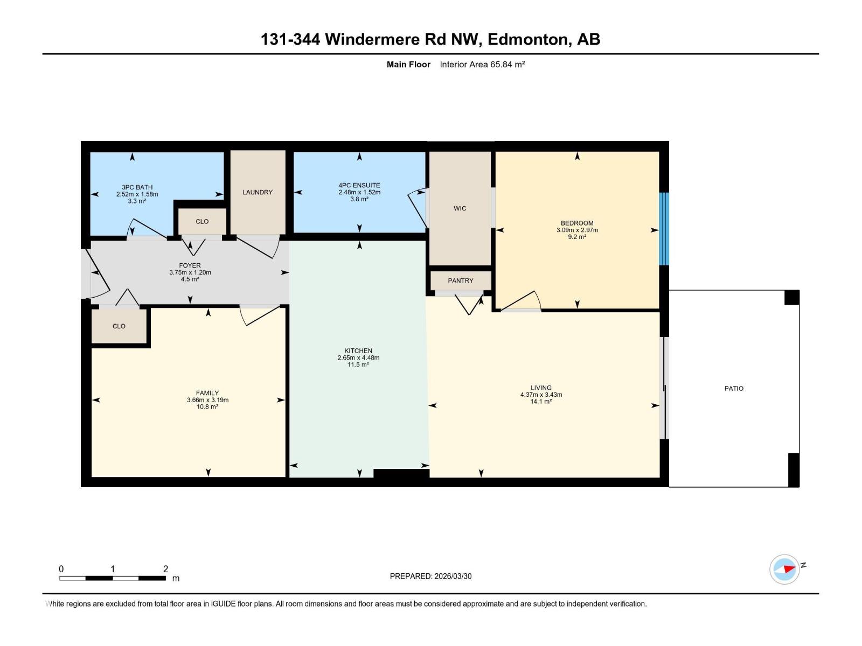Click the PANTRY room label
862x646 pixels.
pyautogui.click(x=460, y=280)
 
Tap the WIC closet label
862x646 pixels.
pyautogui.click(x=460, y=208)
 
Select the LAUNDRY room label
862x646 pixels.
pyautogui.click(x=258, y=192)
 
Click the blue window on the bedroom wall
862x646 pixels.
pyautogui.click(x=664, y=229)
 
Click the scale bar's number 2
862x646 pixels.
pyautogui.click(x=165, y=569)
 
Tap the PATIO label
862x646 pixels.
pyautogui.click(x=734, y=388)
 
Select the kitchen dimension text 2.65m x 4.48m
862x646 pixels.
pyautogui.click(x=358, y=357)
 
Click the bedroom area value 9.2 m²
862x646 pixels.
pyautogui.click(x=577, y=237)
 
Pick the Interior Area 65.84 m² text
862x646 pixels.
pyautogui.click(x=482, y=65)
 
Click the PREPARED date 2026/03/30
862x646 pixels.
pyautogui.click(x=452, y=576)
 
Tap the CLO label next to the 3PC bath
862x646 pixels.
pyautogui.click(x=202, y=221)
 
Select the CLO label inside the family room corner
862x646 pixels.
pyautogui.click(x=119, y=326)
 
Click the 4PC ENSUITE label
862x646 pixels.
pyautogui.click(x=359, y=185)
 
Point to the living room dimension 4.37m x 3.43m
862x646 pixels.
pyautogui.click(x=541, y=395)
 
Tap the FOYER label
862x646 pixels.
pyautogui.click(x=190, y=265)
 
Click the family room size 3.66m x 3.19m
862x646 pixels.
pyautogui.click(x=207, y=400)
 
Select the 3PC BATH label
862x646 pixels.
pyautogui.click(x=137, y=187)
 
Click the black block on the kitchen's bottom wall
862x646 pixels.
pyautogui.click(x=401, y=474)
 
